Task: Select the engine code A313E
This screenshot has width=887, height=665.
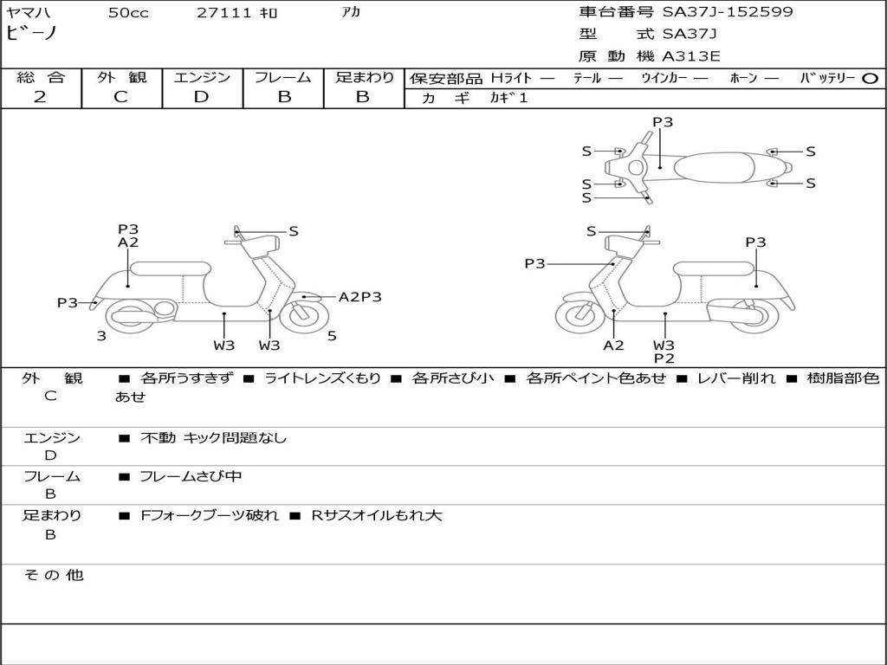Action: (691, 57)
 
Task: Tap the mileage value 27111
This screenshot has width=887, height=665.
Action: (224, 13)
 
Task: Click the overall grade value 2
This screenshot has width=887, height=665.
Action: (40, 97)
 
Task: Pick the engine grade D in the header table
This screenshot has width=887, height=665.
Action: (201, 97)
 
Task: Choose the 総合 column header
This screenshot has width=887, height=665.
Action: (41, 77)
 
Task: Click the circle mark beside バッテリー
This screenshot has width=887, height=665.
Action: (871, 78)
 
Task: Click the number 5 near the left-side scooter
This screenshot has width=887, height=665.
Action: (332, 336)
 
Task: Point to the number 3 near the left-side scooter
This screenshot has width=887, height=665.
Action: (101, 336)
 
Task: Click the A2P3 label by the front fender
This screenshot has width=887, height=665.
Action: (359, 297)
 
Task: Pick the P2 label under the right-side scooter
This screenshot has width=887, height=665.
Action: (664, 358)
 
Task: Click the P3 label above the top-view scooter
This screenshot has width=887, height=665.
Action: (663, 122)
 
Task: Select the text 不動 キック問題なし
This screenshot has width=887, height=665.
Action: (213, 438)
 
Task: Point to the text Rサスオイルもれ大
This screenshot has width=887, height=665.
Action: (377, 515)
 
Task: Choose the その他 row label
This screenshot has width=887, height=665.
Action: (53, 575)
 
